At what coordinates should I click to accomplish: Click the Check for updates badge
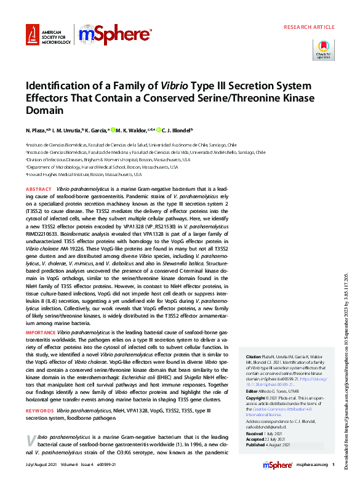pyautogui.click(x=323, y=49)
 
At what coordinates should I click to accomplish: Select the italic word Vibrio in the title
pyautogui.click(x=176, y=86)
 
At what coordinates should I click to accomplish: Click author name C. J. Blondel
pyautogui.click(x=177, y=131)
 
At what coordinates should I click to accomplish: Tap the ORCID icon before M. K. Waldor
pyautogui.click(x=114, y=131)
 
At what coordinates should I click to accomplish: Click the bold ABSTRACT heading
pyautogui.click(x=39, y=189)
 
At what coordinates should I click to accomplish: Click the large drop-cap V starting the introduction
pyautogui.click(x=31, y=424)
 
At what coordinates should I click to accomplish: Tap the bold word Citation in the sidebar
pyautogui.click(x=254, y=356)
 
